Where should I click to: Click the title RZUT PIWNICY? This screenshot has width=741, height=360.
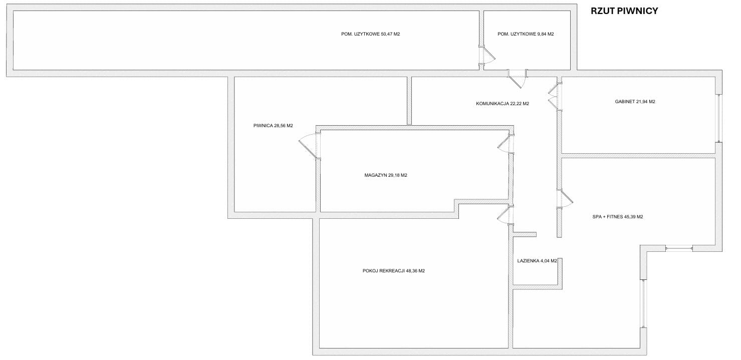[624, 11]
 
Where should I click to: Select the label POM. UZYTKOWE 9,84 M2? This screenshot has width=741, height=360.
[526, 34]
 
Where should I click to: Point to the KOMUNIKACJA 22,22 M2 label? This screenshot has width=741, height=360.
[502, 104]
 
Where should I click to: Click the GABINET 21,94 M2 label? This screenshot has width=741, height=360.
[635, 102]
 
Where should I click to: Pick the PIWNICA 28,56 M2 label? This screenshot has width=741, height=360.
[273, 126]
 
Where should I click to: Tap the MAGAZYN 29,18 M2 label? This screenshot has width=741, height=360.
[386, 175]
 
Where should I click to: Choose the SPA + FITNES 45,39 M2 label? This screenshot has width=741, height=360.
[617, 217]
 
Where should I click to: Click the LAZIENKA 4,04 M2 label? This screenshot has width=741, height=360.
[537, 261]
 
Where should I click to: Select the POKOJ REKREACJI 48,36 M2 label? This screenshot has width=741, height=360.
[393, 271]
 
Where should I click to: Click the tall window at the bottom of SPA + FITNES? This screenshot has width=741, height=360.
[643, 303]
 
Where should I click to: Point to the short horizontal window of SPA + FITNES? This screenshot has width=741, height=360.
[678, 248]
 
